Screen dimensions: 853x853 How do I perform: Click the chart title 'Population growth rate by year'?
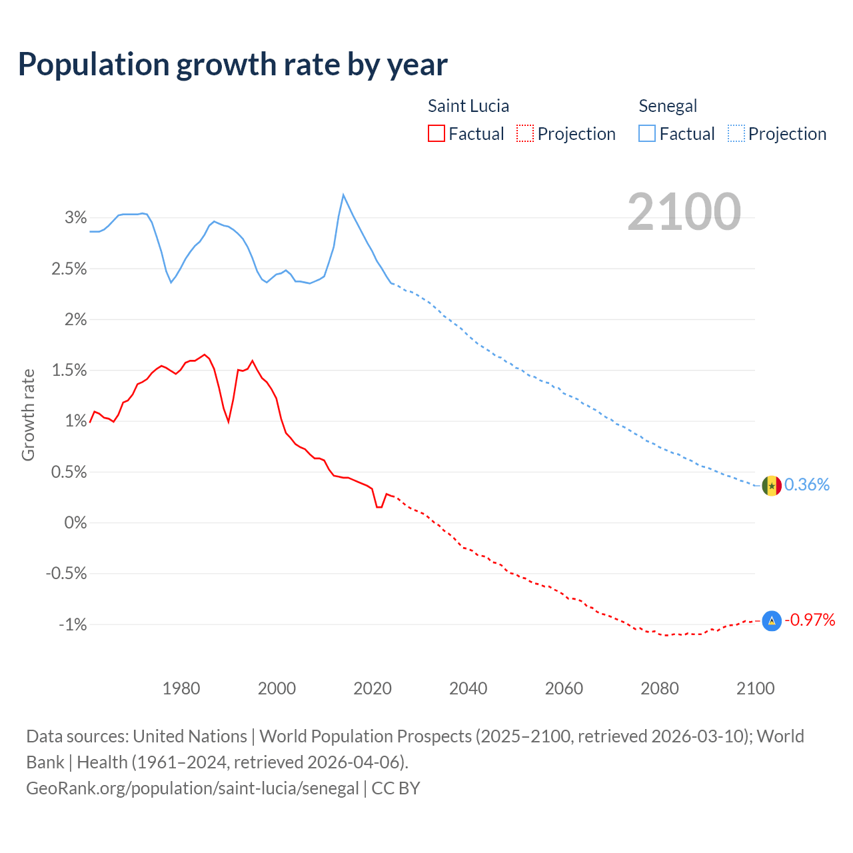point(233,65)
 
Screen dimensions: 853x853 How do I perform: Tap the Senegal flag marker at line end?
point(771,486)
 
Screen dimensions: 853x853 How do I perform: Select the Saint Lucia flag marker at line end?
point(771,621)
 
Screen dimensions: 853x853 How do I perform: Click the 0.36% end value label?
point(807,484)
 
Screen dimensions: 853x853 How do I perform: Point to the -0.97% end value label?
point(810,620)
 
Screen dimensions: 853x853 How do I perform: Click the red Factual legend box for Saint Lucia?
point(436,134)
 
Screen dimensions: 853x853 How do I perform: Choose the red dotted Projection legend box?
point(525,134)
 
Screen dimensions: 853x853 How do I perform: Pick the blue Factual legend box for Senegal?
point(646,134)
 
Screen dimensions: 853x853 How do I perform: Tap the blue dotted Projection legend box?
point(736,134)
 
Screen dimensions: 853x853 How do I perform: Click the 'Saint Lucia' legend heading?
point(468,106)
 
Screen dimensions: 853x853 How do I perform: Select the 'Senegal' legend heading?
point(667,106)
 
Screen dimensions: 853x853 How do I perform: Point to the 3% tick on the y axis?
point(76,218)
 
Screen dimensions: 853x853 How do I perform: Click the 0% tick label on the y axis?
point(75,523)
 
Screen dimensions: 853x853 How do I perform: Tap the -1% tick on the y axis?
point(73,625)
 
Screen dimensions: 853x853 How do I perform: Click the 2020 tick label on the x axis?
point(373,688)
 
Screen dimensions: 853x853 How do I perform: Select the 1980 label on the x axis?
point(181,688)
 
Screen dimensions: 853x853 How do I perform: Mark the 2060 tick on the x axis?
point(564,688)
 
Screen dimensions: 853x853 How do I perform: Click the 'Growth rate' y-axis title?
point(28,415)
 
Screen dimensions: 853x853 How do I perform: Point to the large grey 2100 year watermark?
point(684,212)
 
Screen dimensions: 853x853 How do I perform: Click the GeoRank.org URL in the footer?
point(193,788)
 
